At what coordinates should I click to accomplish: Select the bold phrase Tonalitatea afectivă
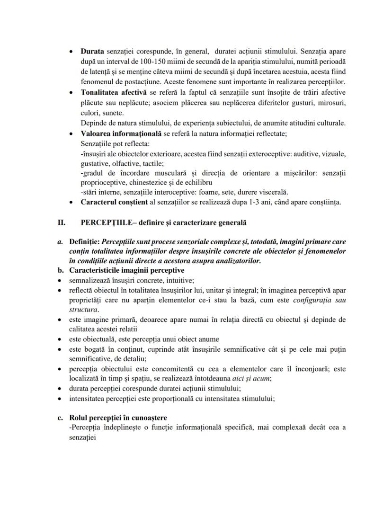[x=112, y=92]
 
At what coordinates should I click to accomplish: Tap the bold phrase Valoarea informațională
[x=121, y=133]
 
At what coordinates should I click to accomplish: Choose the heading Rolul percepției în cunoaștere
[x=117, y=418]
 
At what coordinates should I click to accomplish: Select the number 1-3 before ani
[x=258, y=202]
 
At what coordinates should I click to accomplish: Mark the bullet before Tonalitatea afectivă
[x=71, y=93]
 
